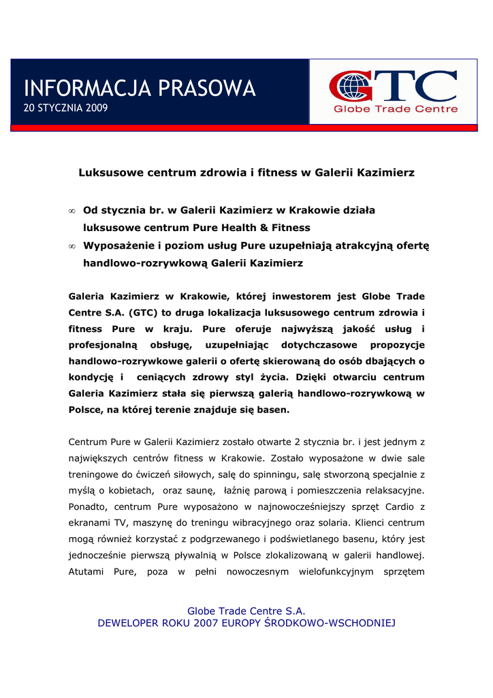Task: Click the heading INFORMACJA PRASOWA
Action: pyautogui.click(x=140, y=88)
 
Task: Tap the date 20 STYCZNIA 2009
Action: pyautogui.click(x=65, y=108)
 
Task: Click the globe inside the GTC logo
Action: pyautogui.click(x=352, y=87)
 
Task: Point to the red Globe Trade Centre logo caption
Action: pyautogui.click(x=396, y=109)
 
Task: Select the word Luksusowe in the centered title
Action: pyautogui.click(x=110, y=173)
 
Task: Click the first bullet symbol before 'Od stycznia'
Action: pyautogui.click(x=72, y=211)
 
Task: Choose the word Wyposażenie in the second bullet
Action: pyautogui.click(x=118, y=245)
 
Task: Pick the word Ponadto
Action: pyautogui.click(x=89, y=506)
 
